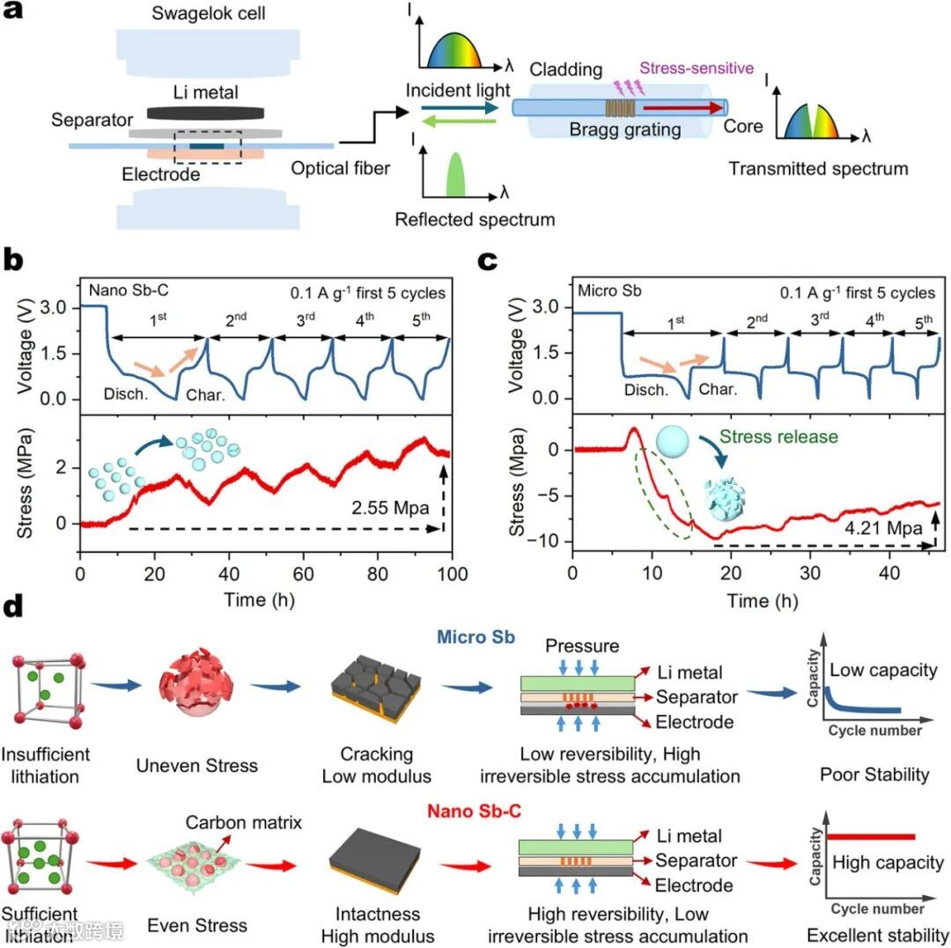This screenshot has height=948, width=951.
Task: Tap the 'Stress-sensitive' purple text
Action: [x=697, y=68]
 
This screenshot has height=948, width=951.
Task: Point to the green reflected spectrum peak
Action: [x=455, y=173]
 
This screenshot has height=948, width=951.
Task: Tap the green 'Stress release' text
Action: [x=778, y=435]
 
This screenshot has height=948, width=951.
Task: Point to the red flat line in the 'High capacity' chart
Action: [x=873, y=836]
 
